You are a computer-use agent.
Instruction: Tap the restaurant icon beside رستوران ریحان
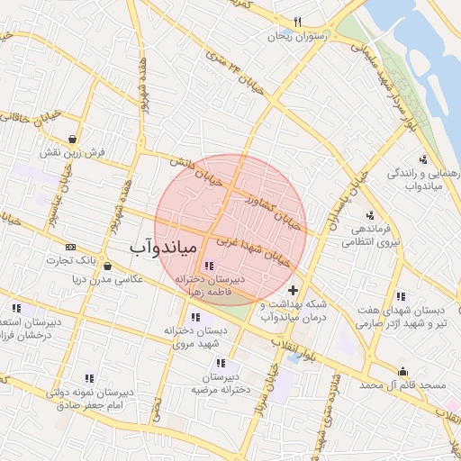pos(298,23)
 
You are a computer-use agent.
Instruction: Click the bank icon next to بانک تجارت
pos(71,247)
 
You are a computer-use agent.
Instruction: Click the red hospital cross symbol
pos(294,290)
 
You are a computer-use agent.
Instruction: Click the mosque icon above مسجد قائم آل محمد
pos(402,372)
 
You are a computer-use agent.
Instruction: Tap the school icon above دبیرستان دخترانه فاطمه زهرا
pos(210,266)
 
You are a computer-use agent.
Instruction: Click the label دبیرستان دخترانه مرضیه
pos(217,384)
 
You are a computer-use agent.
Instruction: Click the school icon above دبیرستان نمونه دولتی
pos(89,379)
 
